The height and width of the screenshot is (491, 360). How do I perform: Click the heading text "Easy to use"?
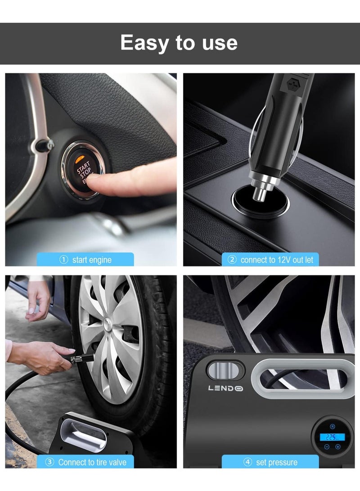tap(179, 43)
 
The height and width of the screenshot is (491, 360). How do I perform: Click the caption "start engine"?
tap(92, 260)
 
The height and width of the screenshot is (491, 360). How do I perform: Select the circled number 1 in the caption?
tap(64, 260)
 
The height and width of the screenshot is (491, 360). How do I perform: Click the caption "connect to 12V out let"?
tap(277, 260)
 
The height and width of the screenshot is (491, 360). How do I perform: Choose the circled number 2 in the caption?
tap(232, 260)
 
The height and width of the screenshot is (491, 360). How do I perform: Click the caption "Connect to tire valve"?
tap(92, 462)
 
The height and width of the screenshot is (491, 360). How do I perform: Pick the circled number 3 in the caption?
tap(50, 462)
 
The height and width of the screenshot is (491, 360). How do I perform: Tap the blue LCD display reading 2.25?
tap(332, 437)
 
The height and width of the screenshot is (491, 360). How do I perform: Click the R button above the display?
tap(332, 426)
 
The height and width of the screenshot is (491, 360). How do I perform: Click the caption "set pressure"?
tap(276, 462)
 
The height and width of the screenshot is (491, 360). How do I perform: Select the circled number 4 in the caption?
tap(247, 462)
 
